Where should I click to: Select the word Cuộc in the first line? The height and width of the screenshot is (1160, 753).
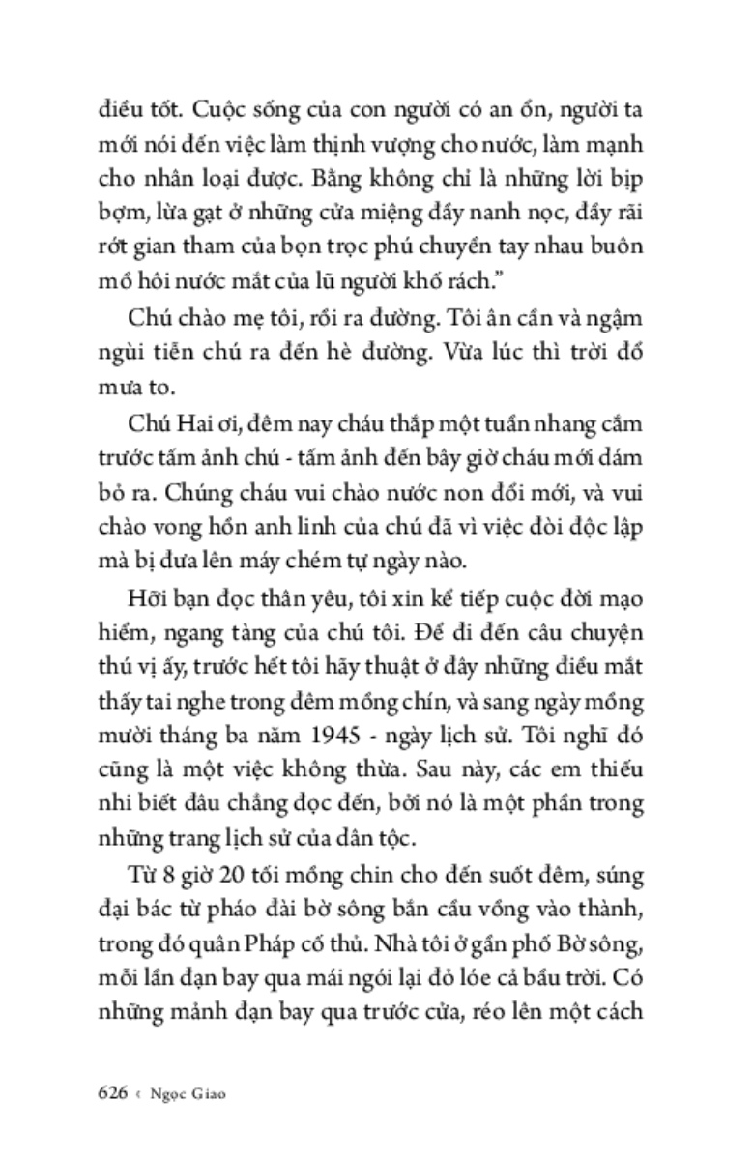(183, 109)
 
